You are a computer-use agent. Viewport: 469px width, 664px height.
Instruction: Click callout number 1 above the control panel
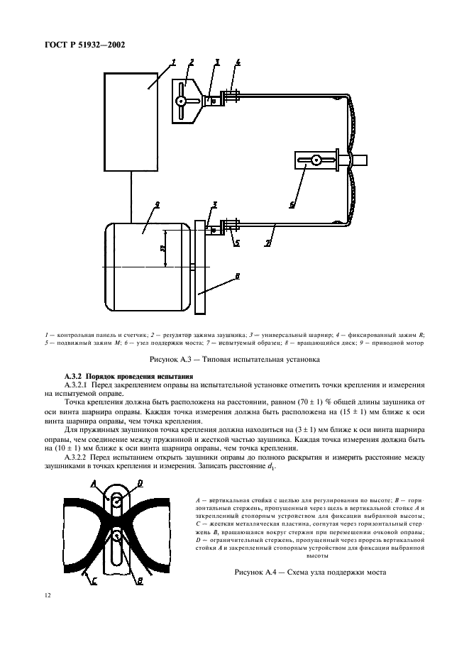pyautogui.click(x=172, y=63)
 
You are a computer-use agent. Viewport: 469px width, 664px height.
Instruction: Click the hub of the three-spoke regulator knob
pyautogui.click(x=182, y=101)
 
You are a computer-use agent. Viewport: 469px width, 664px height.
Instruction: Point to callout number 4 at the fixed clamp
pyautogui.click(x=238, y=62)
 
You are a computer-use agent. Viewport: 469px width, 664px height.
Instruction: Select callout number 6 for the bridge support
pyautogui.click(x=290, y=204)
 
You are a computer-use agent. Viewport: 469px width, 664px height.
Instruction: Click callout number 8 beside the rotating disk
pyautogui.click(x=238, y=277)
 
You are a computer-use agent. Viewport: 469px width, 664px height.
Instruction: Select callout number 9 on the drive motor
pyautogui.click(x=156, y=204)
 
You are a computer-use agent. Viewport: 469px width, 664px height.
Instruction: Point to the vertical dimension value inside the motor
pyautogui.click(x=162, y=249)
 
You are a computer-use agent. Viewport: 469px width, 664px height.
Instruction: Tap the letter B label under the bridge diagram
pyautogui.click(x=139, y=580)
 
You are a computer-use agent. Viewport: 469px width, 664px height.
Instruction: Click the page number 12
pyautogui.click(x=48, y=597)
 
